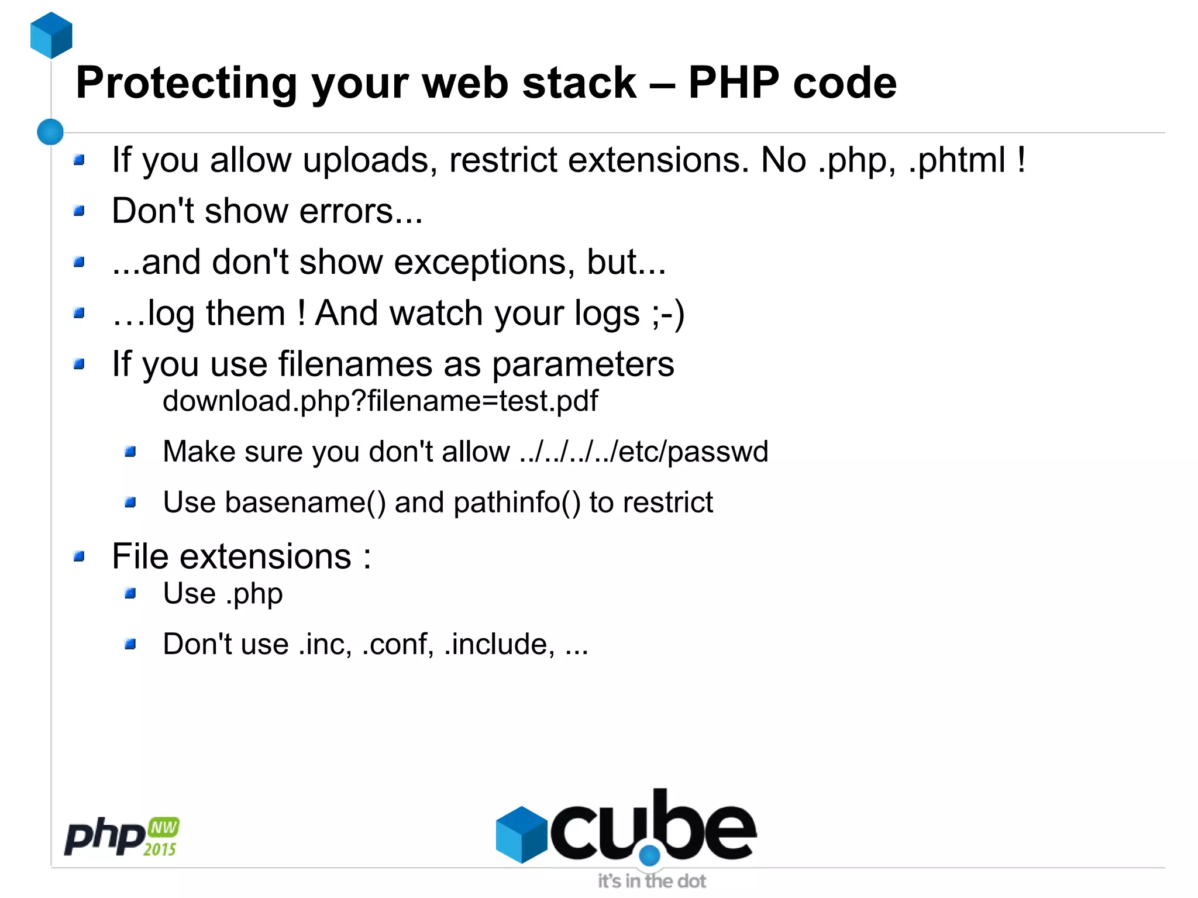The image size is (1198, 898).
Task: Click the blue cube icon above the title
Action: pyautogui.click(x=51, y=35)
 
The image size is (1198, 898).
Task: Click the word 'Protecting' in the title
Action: pyautogui.click(x=187, y=83)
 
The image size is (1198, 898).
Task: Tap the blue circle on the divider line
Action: pyautogui.click(x=50, y=132)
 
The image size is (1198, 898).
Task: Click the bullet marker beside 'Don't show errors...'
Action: pyautogui.click(x=80, y=211)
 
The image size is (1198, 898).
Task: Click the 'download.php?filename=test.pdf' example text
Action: pyautogui.click(x=380, y=401)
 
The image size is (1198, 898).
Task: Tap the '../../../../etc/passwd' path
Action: pyautogui.click(x=643, y=452)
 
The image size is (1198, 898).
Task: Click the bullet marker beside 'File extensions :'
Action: pyautogui.click(x=80, y=556)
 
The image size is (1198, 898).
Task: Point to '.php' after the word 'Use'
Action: pyautogui.click(x=254, y=594)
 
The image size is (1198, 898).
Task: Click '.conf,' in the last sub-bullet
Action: pyautogui.click(x=398, y=644)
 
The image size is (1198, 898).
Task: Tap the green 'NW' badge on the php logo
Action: pyautogui.click(x=164, y=827)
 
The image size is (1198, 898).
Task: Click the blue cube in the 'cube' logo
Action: pyautogui.click(x=521, y=834)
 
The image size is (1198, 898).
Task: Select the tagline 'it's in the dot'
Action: pyautogui.click(x=652, y=881)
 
